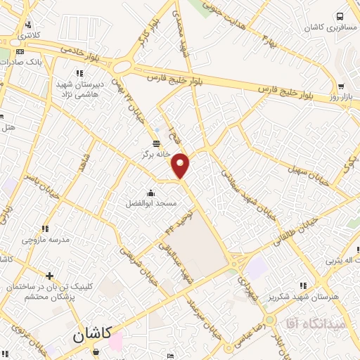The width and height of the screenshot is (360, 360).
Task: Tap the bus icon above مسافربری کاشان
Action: click(x=340, y=15)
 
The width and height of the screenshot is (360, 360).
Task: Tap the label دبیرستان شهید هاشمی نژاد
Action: click(x=80, y=89)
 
